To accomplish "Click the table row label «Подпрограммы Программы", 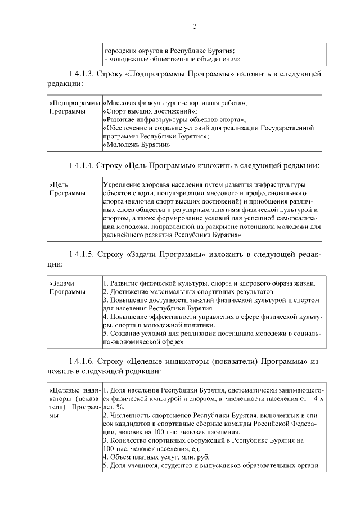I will pos(74,107).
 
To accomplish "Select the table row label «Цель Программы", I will pos(67,189).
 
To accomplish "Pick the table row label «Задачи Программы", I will pos(67,287).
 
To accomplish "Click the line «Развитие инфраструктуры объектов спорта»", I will pos(175,120).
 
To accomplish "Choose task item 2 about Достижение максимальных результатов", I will pos(189,292).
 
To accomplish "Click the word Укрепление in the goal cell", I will pos(123,184).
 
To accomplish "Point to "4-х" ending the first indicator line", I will pos(318,398).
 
